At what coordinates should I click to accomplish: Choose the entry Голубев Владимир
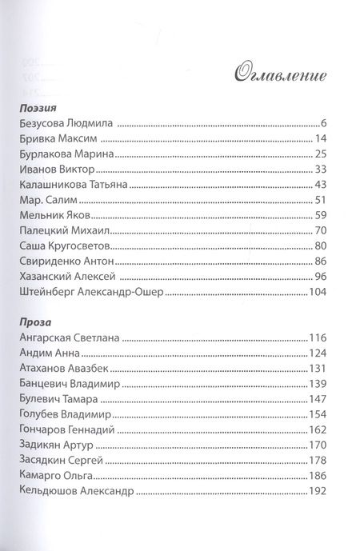click(x=63, y=416)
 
